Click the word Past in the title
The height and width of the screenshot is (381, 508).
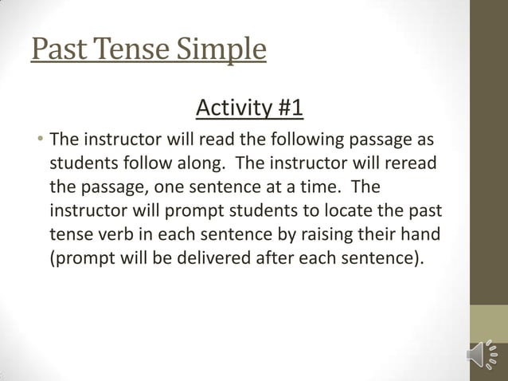[x=58, y=49]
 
